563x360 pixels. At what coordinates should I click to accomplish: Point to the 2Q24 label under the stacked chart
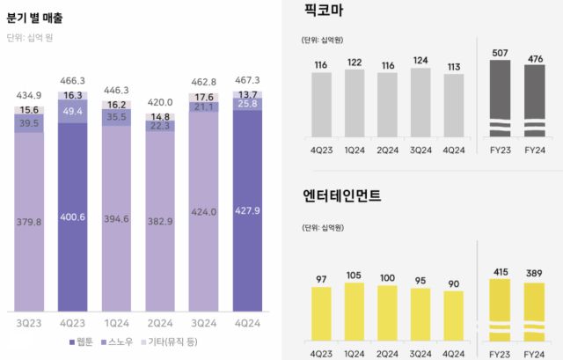160,323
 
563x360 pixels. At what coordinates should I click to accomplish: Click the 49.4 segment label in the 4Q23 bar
73,112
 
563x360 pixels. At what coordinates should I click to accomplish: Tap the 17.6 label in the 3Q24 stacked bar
204,98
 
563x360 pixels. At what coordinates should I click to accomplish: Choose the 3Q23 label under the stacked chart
29,323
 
